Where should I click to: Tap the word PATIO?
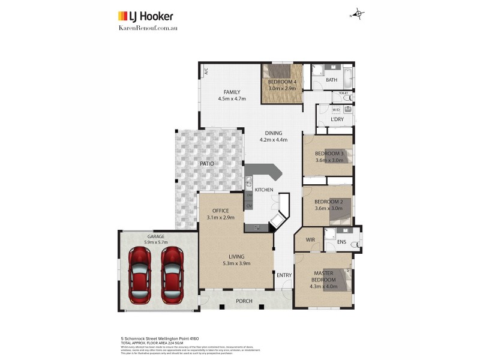coord(207,164)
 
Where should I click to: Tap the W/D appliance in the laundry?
coord(336,110)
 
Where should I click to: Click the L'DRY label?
coord(337,120)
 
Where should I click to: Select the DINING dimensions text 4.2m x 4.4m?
coord(274,140)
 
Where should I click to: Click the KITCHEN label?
coord(264,190)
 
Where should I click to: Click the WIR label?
coord(310,239)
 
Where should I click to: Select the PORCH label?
coord(244,301)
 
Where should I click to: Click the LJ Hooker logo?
coord(143,16)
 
